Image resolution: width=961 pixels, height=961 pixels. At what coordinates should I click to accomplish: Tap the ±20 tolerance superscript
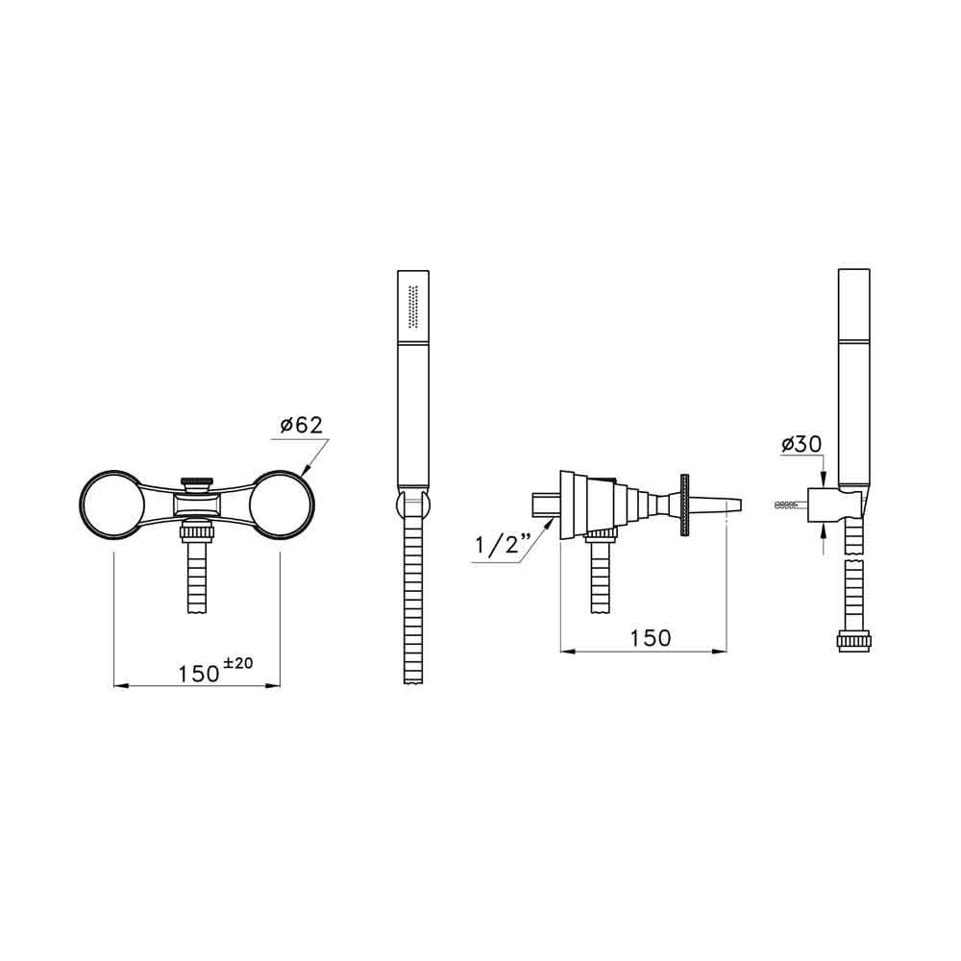pyautogui.click(x=238, y=663)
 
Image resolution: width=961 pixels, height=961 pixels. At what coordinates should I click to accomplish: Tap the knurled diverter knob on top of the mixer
pyautogui.click(x=197, y=482)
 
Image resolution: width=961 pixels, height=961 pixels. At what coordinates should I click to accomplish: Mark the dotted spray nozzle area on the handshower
pyautogui.click(x=414, y=308)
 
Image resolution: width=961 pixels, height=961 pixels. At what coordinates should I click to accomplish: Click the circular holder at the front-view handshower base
pyautogui.click(x=411, y=505)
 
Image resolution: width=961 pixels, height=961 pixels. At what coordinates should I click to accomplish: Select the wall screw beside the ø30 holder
pyautogui.click(x=787, y=505)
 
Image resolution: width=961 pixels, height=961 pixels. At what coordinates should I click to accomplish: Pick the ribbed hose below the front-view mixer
pyautogui.click(x=197, y=577)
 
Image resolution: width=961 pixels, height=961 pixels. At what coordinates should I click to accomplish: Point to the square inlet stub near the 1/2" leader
pyautogui.click(x=543, y=505)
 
